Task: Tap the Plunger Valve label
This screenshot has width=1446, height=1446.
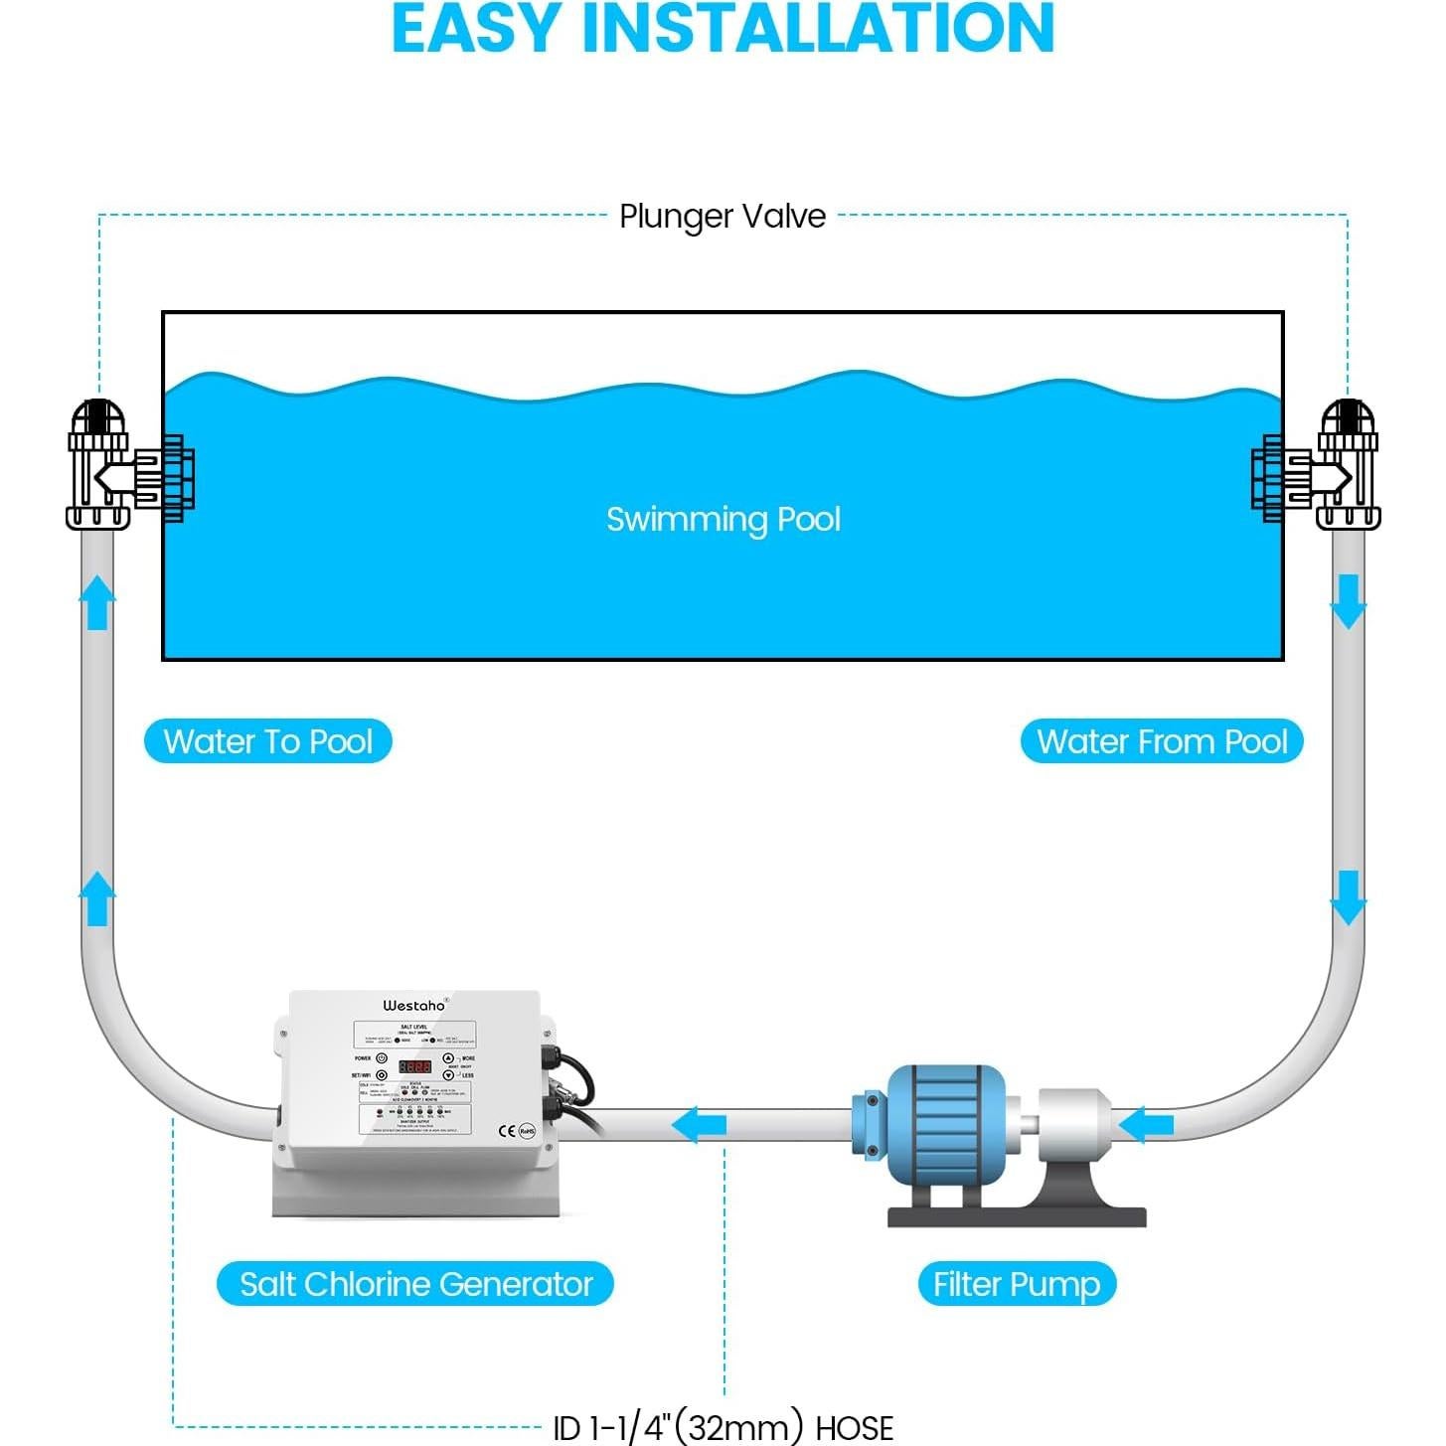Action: (723, 216)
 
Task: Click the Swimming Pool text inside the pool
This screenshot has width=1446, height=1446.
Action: (723, 519)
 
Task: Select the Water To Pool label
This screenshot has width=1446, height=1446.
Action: (268, 741)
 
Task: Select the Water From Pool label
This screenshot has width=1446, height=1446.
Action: (1161, 741)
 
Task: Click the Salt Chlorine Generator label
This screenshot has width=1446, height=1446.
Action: (415, 1284)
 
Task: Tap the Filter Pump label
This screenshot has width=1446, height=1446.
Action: (1016, 1284)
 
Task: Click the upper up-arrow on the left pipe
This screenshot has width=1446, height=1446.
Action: (97, 602)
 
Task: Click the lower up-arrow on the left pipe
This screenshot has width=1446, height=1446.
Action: (97, 898)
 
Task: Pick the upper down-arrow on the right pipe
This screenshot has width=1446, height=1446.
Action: (1348, 602)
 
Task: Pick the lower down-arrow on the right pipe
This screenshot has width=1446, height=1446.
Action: (1348, 898)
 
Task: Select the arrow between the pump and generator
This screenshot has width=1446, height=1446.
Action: (700, 1126)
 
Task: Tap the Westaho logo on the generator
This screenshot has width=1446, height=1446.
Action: (414, 1006)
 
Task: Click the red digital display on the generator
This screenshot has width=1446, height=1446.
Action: (414, 1066)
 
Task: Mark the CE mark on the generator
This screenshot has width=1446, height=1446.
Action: (507, 1131)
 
